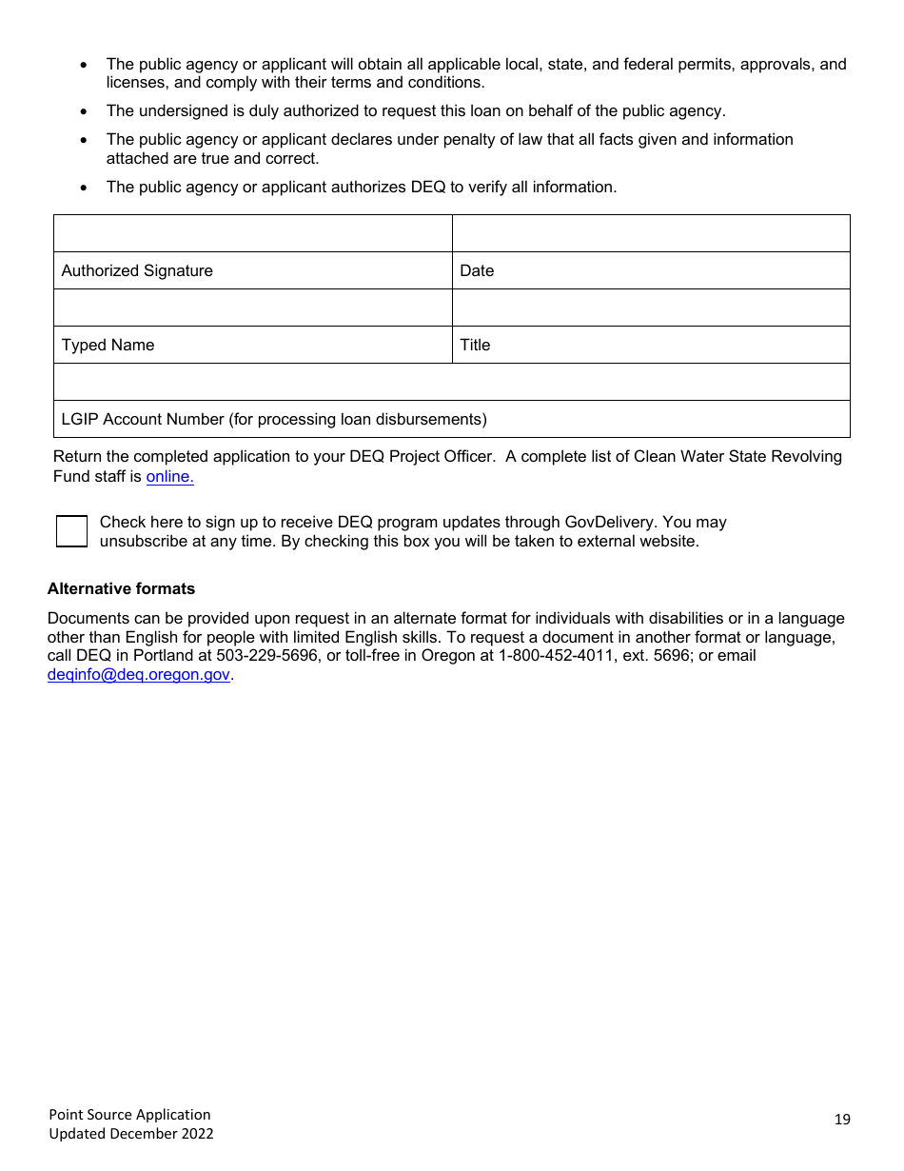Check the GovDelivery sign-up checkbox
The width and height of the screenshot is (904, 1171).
(x=71, y=531)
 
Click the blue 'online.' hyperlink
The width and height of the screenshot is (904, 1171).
(x=169, y=476)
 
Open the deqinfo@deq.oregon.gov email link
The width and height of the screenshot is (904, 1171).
(x=139, y=674)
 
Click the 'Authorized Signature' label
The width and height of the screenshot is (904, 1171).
(x=137, y=270)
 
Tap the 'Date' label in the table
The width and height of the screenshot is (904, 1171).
(x=477, y=270)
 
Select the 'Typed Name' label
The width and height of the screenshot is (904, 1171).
(x=108, y=345)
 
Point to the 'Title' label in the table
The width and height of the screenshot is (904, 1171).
(x=475, y=345)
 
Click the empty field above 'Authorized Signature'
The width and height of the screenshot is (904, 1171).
(x=252, y=233)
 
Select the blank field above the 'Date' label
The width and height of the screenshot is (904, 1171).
(x=651, y=233)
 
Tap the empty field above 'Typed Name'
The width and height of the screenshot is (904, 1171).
(x=252, y=308)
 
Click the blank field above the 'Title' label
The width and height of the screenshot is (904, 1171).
(x=651, y=308)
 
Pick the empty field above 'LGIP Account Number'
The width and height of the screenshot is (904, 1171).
(x=451, y=382)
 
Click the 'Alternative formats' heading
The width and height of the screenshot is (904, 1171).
(x=121, y=588)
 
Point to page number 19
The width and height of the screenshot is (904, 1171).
(x=842, y=1120)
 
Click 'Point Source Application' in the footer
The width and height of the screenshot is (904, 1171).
(x=130, y=1114)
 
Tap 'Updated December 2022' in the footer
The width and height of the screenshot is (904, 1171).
(x=131, y=1133)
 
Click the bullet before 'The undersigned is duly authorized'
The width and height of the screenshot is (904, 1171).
(x=85, y=111)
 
